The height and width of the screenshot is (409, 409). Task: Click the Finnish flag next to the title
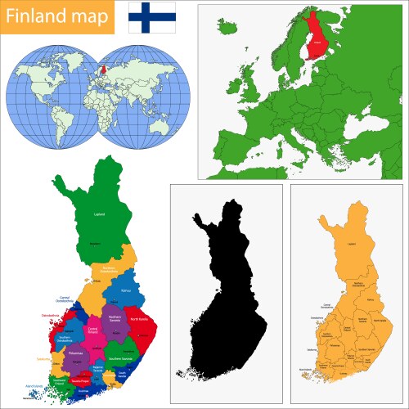tap(152, 16)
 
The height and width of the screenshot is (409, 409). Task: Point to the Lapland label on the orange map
tap(353, 243)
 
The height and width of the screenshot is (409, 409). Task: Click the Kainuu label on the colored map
tap(126, 290)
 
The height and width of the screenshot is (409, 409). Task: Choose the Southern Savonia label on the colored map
tap(121, 358)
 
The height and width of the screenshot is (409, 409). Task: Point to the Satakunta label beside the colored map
tap(43, 359)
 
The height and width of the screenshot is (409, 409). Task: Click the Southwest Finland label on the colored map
tap(59, 380)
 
